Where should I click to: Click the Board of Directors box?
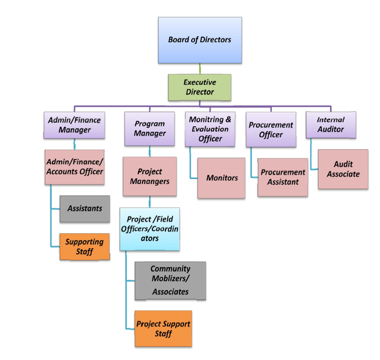200,40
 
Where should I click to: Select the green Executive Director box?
200,87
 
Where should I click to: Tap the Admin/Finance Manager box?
74,125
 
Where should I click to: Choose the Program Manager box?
150,129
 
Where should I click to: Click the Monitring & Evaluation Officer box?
210,129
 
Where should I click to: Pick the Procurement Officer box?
271,130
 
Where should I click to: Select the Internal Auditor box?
330,125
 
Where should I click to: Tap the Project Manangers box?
150,176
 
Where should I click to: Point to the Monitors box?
222,178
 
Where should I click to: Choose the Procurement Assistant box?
283,177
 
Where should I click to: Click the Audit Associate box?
343,169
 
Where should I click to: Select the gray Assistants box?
85,209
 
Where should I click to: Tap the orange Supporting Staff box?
85,246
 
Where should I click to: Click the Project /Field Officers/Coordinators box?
150,229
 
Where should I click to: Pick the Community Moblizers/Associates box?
170,281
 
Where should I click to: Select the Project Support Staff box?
163,329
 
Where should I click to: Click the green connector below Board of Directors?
200,69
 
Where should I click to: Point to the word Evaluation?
210,129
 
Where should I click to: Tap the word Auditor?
330,129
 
